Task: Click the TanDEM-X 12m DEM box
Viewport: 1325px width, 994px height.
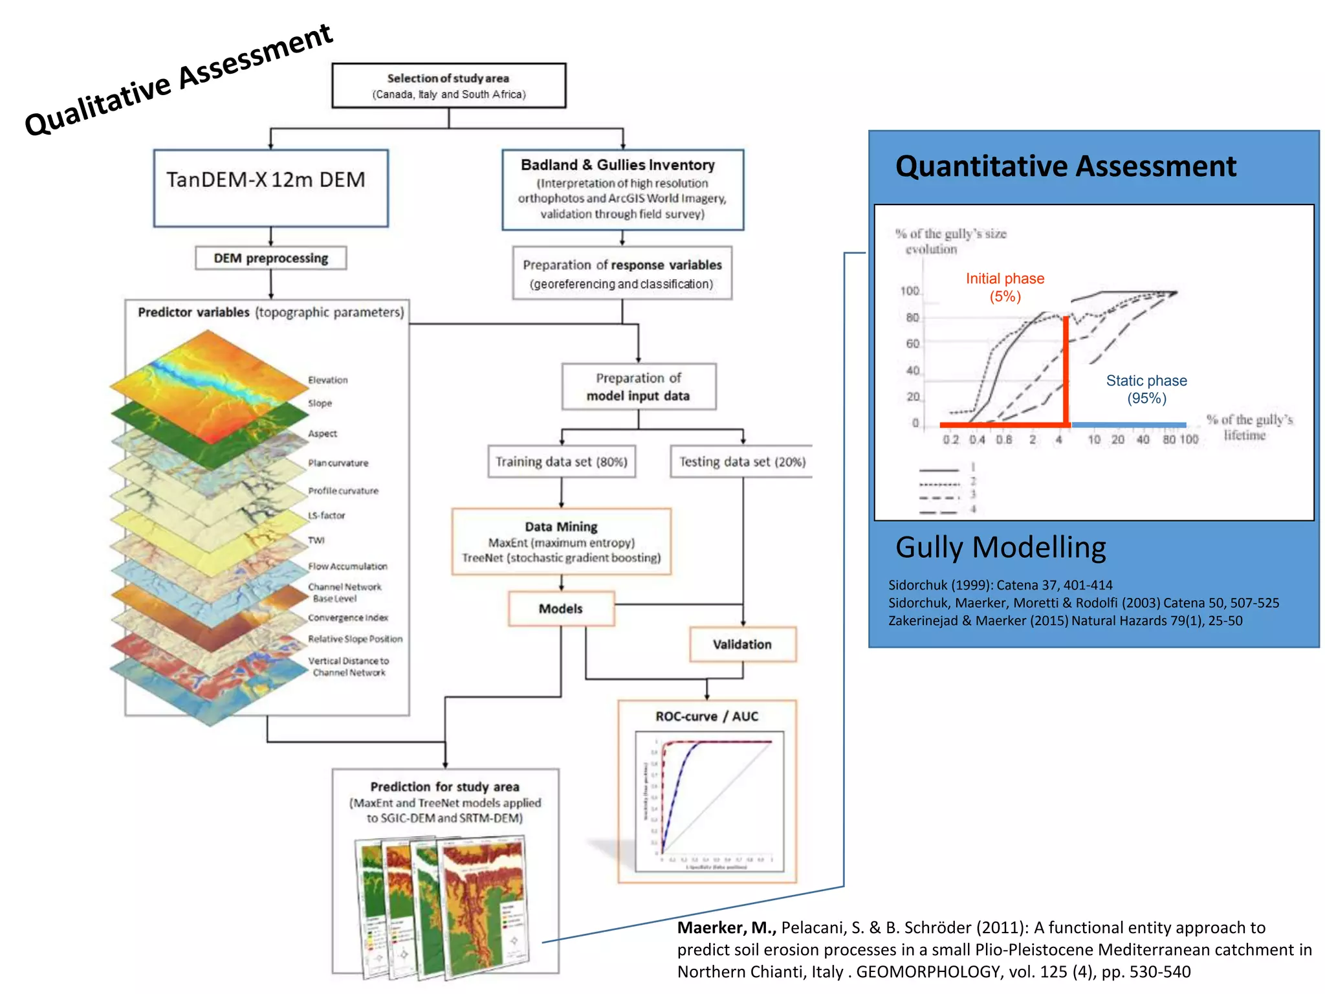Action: coord(270,188)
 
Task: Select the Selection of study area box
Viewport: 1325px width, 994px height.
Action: coord(448,85)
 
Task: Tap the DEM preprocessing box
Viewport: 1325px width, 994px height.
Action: coord(270,258)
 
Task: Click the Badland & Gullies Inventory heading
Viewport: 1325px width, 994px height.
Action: coord(618,165)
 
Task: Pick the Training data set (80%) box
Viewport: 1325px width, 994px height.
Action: coord(561,461)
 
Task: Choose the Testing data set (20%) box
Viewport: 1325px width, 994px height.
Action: coord(741,461)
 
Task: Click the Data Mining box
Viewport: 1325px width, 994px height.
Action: coord(561,542)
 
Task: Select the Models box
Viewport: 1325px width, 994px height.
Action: coord(560,608)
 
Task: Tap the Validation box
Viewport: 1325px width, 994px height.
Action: coord(742,644)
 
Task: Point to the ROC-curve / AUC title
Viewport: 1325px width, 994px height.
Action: coord(706,716)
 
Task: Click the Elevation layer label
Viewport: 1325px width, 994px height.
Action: coord(327,380)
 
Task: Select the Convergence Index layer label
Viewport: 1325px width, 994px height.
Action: coord(347,617)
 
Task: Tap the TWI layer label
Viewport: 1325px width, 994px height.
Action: coord(316,540)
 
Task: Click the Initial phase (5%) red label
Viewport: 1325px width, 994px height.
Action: coord(1005,287)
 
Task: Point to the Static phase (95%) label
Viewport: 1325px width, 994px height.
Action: coord(1146,389)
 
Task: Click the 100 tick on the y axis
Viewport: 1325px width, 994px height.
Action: coord(909,291)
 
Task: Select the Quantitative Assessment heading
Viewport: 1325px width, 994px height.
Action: coord(1066,166)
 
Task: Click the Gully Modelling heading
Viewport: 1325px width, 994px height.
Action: coord(1000,547)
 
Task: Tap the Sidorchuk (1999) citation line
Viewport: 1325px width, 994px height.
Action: coord(1000,585)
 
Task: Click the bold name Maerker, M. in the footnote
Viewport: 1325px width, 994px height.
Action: coord(726,927)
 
